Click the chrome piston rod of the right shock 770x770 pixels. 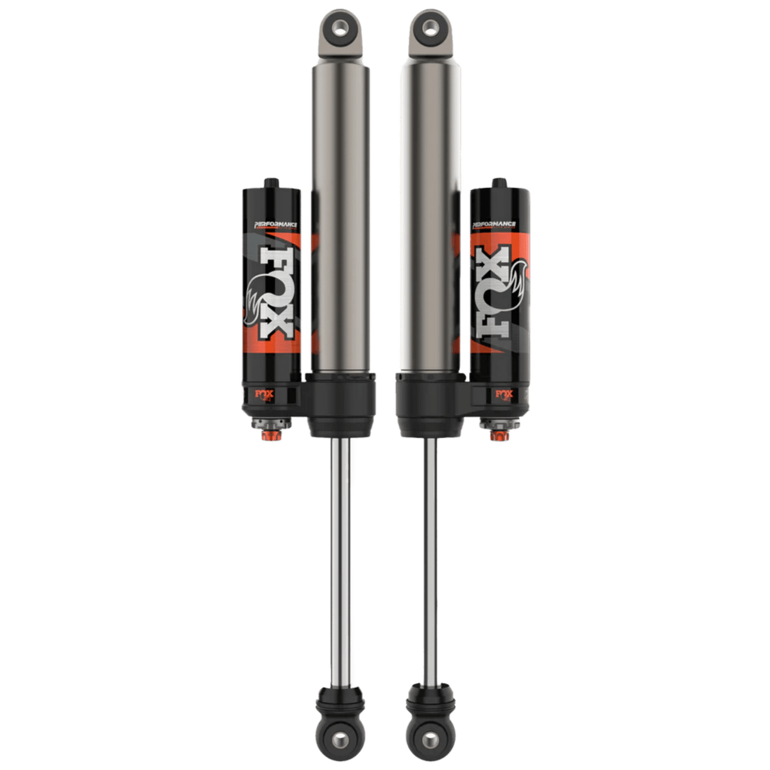coord(426,545)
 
